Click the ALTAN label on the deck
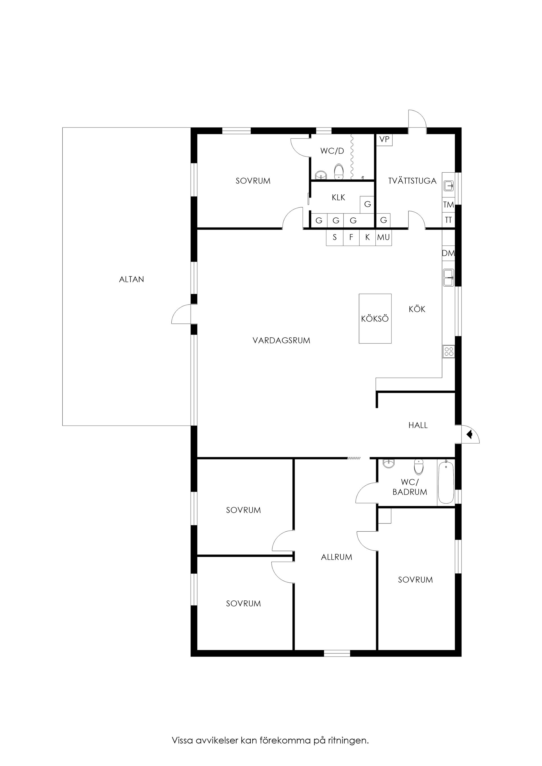pos(131,279)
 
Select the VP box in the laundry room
pos(384,139)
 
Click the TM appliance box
pos(448,204)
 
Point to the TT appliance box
pos(448,220)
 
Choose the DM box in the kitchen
pos(448,253)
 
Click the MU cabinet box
pos(383,237)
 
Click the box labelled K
pos(367,237)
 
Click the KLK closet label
pos(338,197)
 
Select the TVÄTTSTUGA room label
pos(412,181)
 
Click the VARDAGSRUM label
pos(281,341)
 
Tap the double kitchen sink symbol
pos(448,278)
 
